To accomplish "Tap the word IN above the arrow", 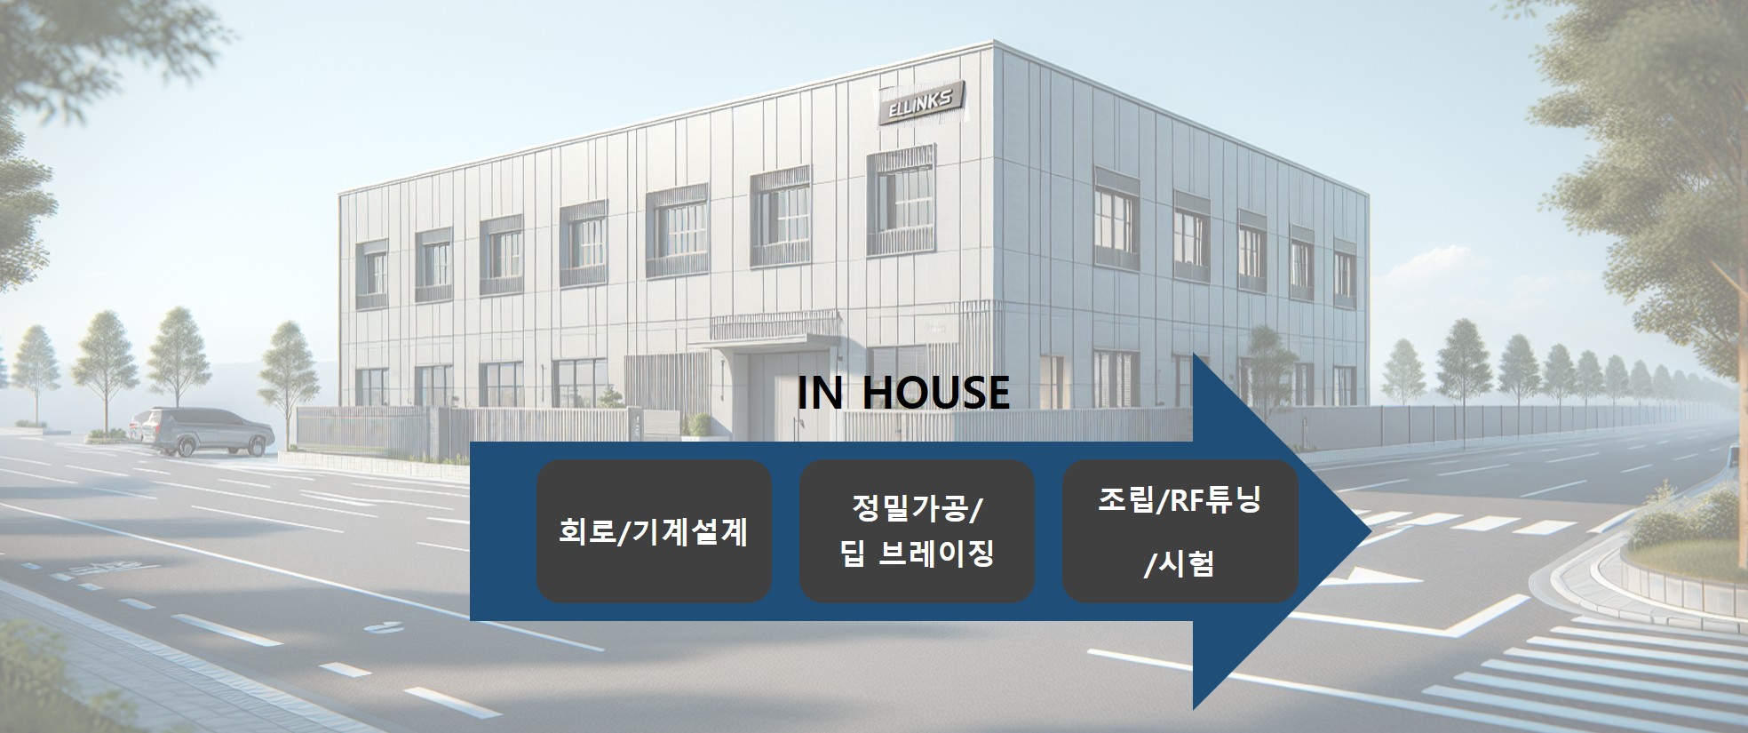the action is point(819,393).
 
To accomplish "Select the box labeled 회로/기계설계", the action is point(654,531).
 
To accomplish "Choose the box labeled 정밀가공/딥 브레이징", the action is point(917,531).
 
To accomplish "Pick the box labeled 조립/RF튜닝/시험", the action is point(1180,531).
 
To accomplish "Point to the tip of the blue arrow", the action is point(1371,532).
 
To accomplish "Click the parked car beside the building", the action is point(203,432).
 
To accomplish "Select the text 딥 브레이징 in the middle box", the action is point(916,554).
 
